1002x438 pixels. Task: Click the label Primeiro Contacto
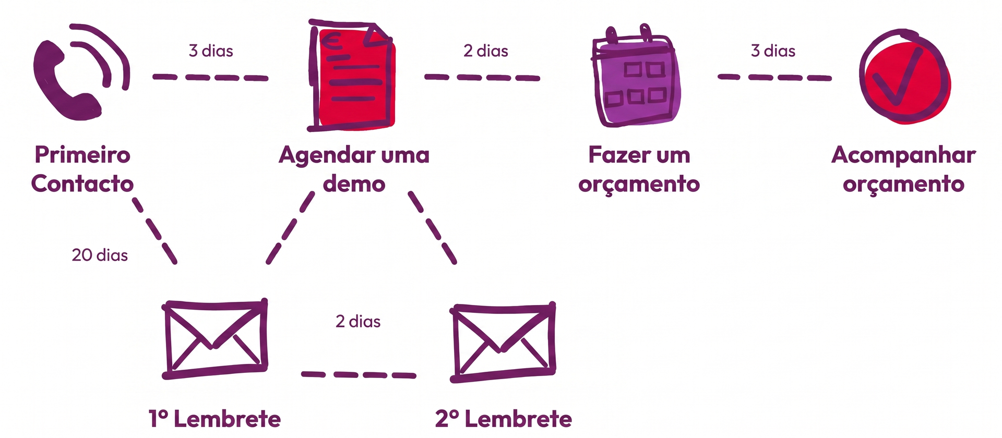click(x=82, y=169)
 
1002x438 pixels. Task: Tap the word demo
click(x=354, y=184)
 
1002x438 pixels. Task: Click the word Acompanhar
click(x=903, y=156)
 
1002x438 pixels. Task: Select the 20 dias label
click(x=100, y=255)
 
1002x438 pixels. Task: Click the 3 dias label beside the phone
click(x=211, y=51)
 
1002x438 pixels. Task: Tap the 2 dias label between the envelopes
click(x=358, y=321)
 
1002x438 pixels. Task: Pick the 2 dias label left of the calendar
click(x=486, y=51)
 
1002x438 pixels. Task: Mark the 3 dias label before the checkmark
click(x=773, y=51)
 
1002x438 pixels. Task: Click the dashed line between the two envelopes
click(x=359, y=374)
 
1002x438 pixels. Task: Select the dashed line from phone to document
click(x=210, y=78)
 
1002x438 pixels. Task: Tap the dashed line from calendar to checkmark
click(x=774, y=77)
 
